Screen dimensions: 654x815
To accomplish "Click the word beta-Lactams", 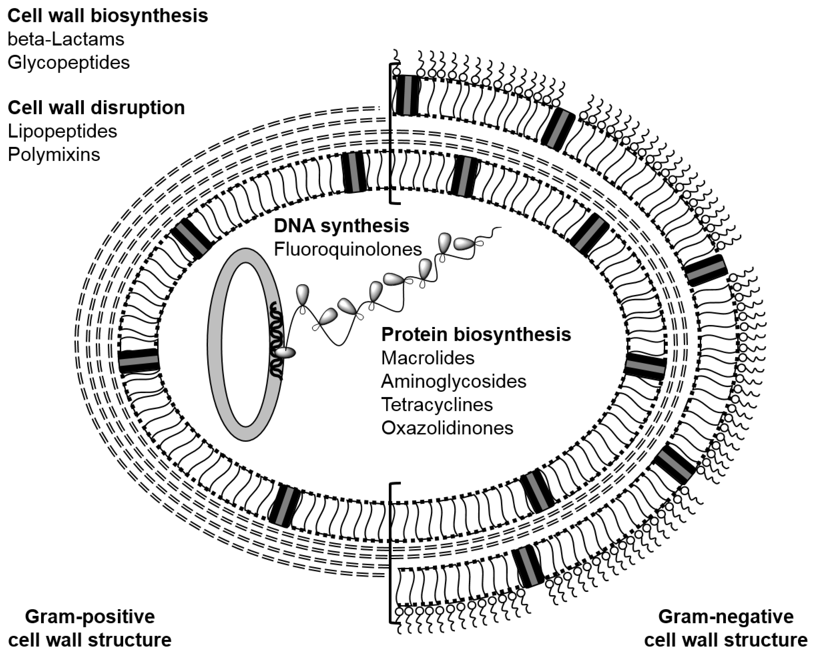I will (x=66, y=39).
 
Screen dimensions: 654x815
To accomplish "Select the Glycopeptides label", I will (x=68, y=62).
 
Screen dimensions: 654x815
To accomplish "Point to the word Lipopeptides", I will (x=62, y=131).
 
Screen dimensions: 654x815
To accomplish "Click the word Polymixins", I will (x=54, y=155).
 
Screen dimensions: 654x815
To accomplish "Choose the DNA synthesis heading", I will (x=341, y=226).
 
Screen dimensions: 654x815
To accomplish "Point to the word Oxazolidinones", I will (x=447, y=428).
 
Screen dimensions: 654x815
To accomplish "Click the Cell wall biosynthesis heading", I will (x=108, y=16).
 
